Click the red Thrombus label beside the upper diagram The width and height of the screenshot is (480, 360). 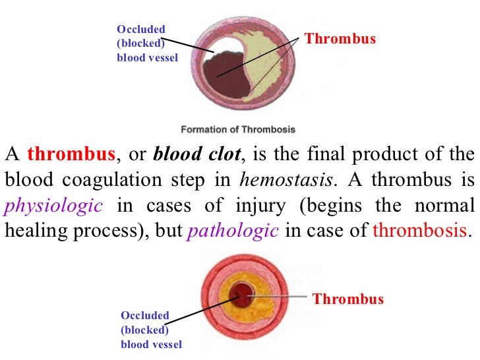tap(340, 39)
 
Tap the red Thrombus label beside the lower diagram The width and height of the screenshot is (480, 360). tap(347, 299)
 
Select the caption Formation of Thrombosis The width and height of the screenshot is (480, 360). tap(238, 129)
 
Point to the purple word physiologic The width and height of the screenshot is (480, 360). tap(53, 206)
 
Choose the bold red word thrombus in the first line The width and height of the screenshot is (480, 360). tap(71, 155)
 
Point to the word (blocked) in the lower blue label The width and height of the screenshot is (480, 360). tap(144, 330)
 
